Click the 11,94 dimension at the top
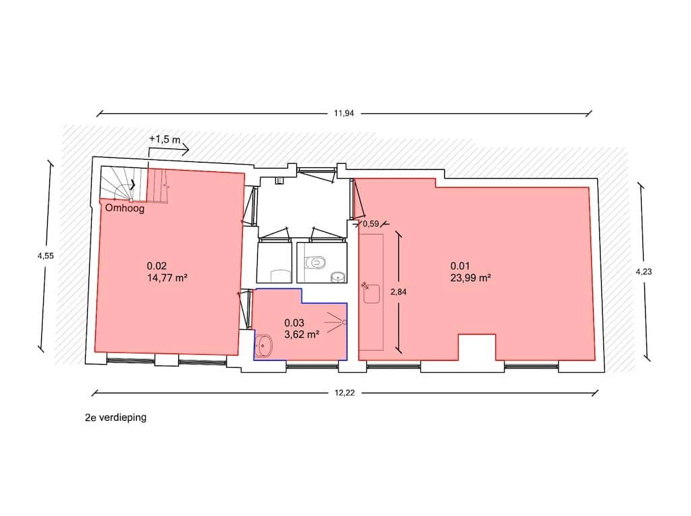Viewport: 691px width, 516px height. point(343,113)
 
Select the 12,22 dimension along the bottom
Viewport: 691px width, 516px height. point(344,393)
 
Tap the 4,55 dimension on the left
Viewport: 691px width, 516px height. point(45,256)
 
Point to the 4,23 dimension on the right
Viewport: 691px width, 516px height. point(643,271)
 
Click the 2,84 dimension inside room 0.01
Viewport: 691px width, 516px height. point(398,291)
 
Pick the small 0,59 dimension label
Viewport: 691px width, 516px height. point(370,224)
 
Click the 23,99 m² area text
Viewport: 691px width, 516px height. point(470,278)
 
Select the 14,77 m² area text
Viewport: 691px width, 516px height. point(167,278)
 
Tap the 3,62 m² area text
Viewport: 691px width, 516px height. point(302,335)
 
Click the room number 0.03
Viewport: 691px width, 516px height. point(294,323)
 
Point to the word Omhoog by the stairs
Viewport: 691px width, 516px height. point(125,208)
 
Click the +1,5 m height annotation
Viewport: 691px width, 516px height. point(165,139)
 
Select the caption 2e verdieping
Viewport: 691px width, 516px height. point(115,418)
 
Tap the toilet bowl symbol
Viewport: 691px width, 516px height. point(316,262)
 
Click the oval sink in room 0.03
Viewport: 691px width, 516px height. point(264,346)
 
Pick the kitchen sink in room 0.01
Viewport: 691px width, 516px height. point(372,293)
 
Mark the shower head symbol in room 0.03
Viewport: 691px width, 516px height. point(336,322)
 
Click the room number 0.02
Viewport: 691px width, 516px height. point(157,266)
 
